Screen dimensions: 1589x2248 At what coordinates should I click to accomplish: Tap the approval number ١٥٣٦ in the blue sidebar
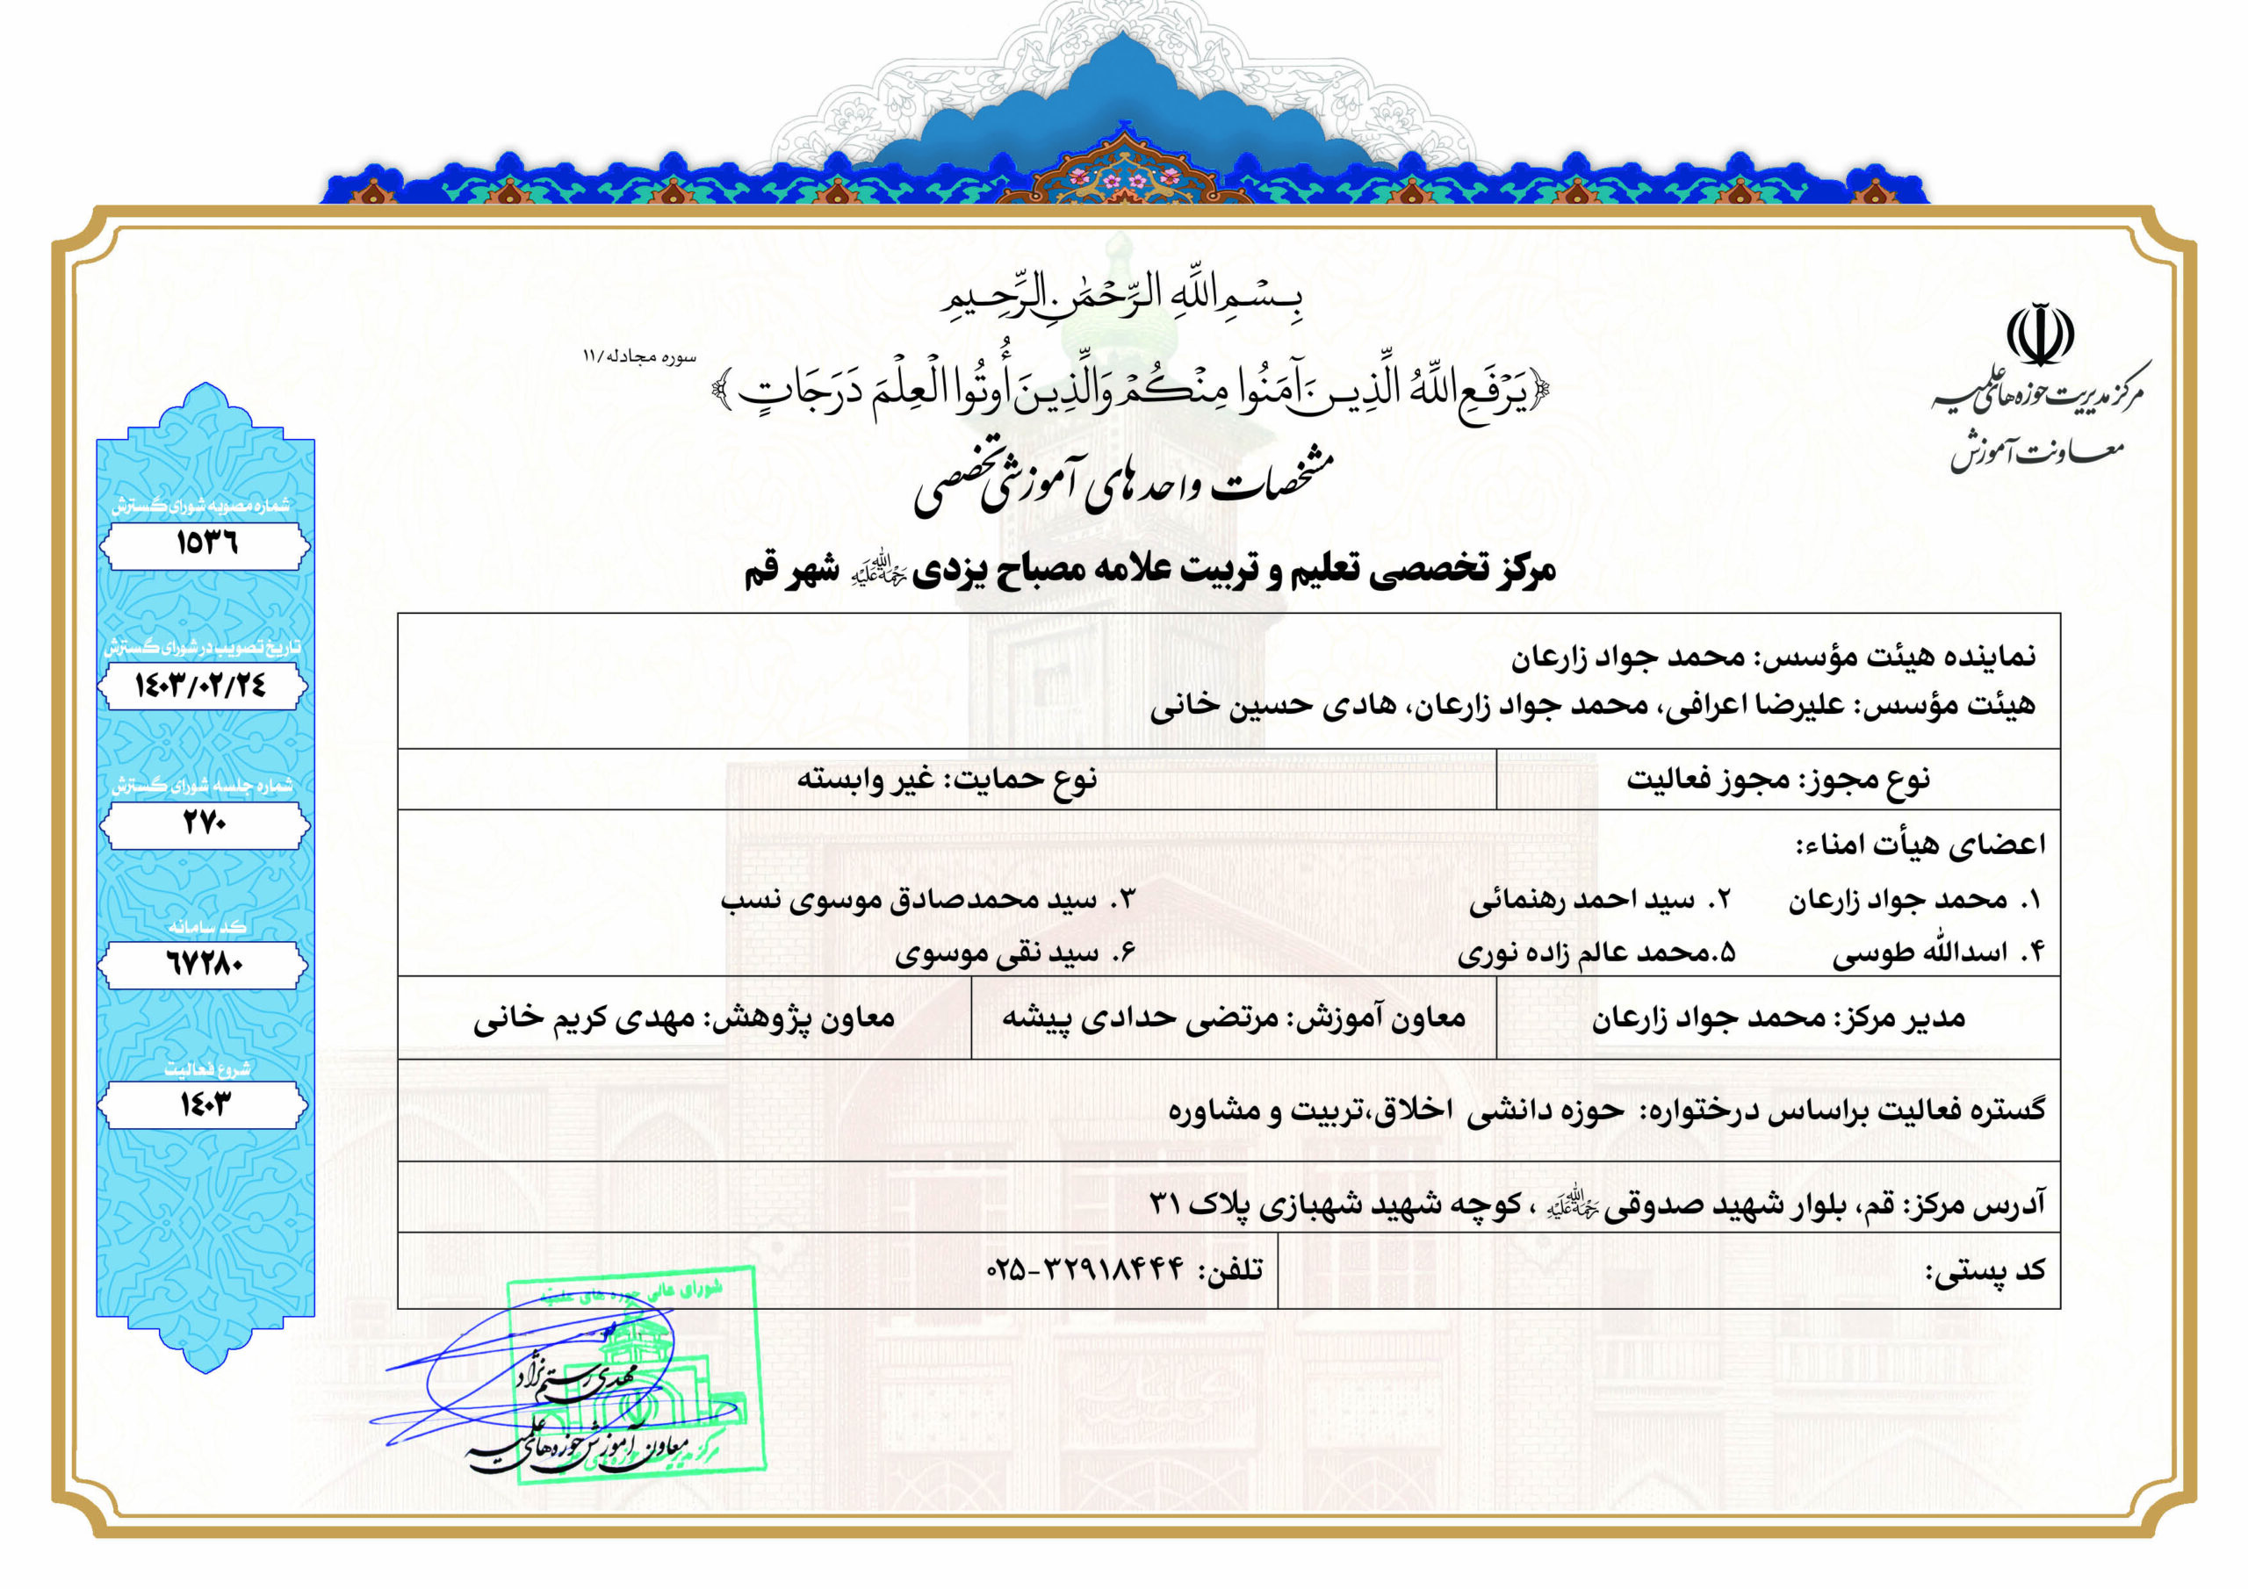(206, 543)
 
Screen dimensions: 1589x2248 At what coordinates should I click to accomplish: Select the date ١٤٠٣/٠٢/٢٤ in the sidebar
(201, 686)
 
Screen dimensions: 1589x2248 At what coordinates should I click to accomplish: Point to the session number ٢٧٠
(205, 824)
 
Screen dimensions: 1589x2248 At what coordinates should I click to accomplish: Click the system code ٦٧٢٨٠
(204, 966)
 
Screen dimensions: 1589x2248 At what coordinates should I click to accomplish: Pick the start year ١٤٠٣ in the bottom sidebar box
(205, 1105)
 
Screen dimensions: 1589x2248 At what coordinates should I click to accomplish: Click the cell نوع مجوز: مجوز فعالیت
(1777, 780)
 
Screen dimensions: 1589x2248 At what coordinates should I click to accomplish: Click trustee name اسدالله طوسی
(1919, 953)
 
